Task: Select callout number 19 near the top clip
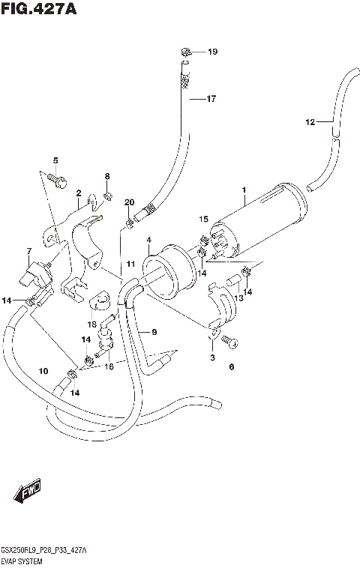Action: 212,52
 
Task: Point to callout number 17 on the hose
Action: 211,98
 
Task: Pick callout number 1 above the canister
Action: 243,191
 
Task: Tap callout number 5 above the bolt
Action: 55,161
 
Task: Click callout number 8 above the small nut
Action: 107,176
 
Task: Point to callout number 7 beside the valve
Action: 28,251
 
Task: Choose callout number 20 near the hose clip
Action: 129,202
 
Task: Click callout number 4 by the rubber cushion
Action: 148,240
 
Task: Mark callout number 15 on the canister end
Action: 202,219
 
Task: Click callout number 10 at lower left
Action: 43,370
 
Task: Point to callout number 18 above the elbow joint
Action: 92,324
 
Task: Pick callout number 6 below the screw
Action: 232,367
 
